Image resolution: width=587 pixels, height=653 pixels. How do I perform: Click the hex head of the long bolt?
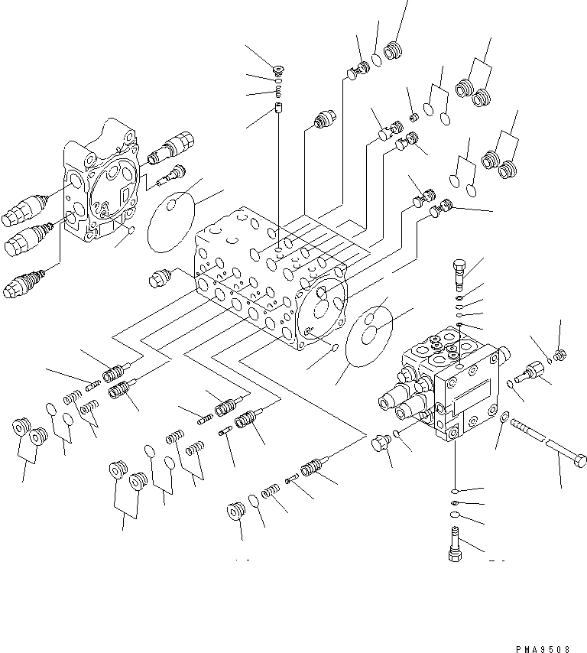tap(579, 461)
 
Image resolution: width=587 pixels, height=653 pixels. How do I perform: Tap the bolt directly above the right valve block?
tap(457, 271)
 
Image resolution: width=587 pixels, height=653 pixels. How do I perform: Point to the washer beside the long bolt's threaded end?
tap(504, 417)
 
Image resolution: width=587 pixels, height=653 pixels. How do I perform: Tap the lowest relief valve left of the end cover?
tap(21, 286)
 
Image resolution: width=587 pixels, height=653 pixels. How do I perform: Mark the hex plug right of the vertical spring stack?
tap(324, 119)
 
